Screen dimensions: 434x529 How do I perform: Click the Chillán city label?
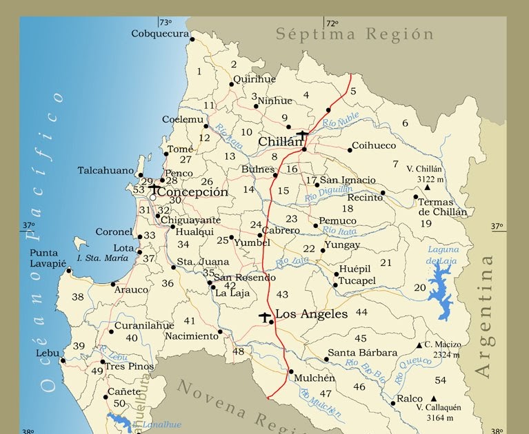tap(280, 142)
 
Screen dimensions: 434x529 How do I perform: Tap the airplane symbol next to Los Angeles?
tap(265, 316)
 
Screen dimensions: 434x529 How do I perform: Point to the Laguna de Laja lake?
tap(439, 289)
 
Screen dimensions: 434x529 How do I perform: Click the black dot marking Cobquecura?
tap(192, 39)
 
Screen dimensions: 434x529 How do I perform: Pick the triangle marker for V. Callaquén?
tap(433, 399)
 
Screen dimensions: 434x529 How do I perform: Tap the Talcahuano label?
tap(106, 170)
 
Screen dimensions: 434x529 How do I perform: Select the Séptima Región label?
tap(355, 34)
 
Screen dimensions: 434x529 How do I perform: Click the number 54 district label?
tap(441, 380)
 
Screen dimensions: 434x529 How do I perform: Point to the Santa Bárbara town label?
tap(362, 353)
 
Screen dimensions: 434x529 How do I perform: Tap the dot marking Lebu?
tap(63, 360)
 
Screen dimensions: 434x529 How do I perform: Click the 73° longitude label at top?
tap(166, 22)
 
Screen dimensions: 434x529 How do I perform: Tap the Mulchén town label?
tap(314, 378)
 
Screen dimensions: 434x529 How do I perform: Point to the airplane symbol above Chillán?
tap(303, 134)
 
